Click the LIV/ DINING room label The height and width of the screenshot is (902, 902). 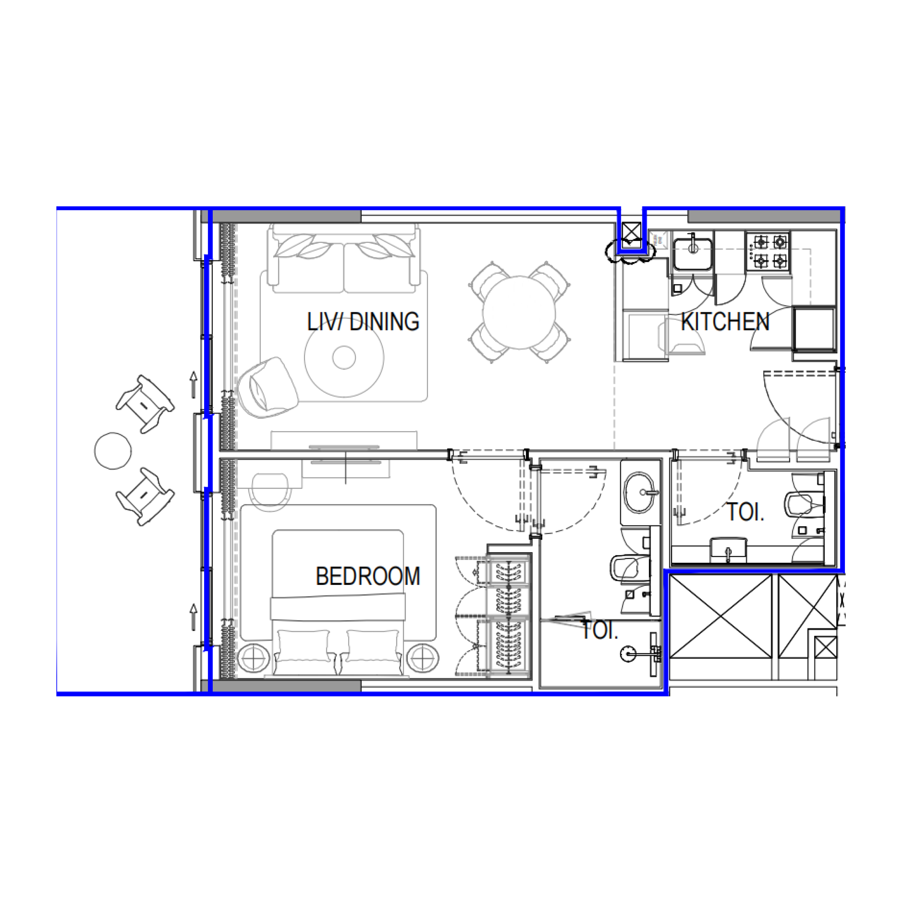[x=363, y=322]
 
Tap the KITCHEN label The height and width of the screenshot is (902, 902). [x=725, y=322]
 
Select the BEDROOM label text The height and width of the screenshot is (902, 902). [x=368, y=576]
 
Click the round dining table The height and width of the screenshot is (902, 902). [x=519, y=312]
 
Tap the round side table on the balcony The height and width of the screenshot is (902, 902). [x=113, y=451]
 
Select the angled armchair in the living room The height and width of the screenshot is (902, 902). [x=268, y=388]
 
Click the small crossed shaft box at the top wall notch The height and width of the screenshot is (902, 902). [x=631, y=232]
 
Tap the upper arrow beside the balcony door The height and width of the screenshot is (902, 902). [x=193, y=384]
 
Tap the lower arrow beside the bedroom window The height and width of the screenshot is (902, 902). [x=193, y=616]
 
